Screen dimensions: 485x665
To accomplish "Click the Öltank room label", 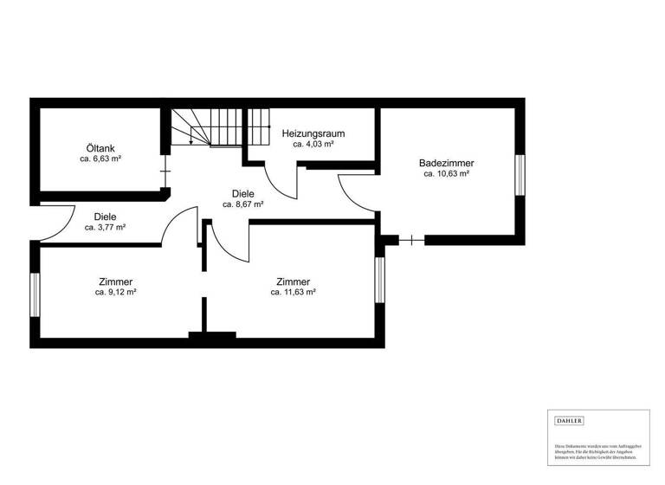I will point(100,147).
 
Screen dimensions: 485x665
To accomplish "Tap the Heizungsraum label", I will point(313,133).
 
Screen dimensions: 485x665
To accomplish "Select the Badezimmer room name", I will point(446,162).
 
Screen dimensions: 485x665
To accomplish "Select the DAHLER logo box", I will point(569,421).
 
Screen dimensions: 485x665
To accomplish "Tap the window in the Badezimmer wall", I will point(521,175).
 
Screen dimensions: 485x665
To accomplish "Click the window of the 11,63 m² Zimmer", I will point(378,280).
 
